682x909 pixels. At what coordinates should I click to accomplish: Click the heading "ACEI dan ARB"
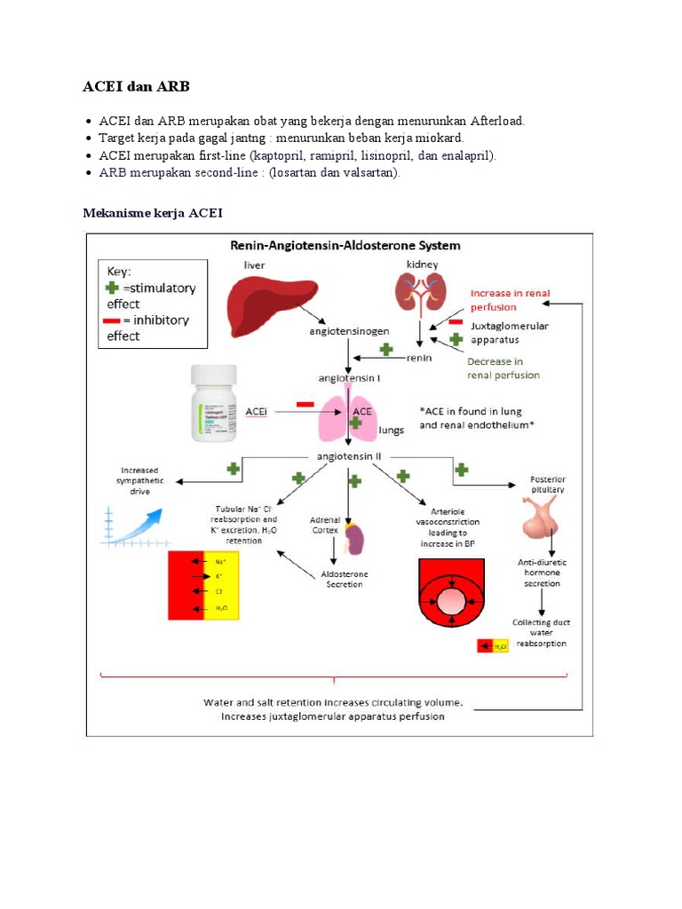(136, 86)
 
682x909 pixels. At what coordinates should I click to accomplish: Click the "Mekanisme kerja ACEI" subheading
(153, 213)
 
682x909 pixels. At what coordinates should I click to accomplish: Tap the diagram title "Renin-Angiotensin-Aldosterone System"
(345, 245)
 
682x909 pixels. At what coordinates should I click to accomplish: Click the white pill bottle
(215, 405)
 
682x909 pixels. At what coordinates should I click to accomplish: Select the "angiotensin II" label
(348, 456)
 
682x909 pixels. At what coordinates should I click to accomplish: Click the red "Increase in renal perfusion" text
(505, 300)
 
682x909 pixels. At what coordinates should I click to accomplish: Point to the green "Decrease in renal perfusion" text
(504, 368)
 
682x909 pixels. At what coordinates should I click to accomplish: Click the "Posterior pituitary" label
(547, 485)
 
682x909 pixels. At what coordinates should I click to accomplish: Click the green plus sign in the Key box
(111, 288)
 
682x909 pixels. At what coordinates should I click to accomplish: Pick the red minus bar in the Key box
(113, 320)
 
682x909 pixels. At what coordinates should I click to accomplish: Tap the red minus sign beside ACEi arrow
(305, 405)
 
